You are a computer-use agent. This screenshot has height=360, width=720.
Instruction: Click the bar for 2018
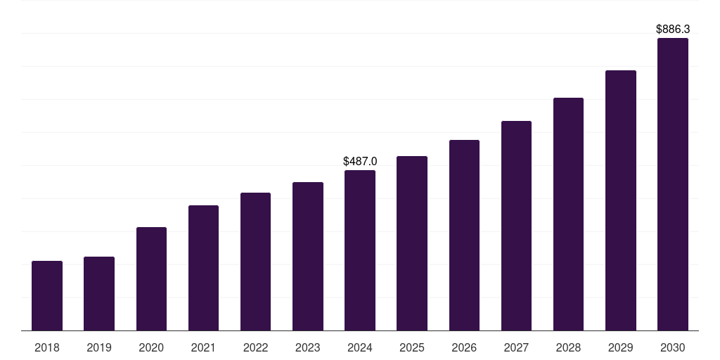click(x=47, y=295)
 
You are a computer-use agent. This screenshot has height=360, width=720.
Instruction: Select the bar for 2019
click(x=99, y=293)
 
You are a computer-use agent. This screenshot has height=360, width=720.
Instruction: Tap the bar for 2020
click(x=151, y=278)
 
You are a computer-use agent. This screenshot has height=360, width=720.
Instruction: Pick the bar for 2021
click(x=203, y=268)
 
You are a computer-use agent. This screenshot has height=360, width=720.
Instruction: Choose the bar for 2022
click(x=255, y=262)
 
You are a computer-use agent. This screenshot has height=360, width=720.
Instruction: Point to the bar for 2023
click(x=308, y=256)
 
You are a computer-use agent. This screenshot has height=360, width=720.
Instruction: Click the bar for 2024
click(x=360, y=250)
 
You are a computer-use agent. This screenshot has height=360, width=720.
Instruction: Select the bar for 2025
click(x=412, y=243)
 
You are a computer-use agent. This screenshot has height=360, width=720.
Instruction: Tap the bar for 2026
click(x=464, y=235)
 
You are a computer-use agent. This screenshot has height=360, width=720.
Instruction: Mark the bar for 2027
click(x=516, y=226)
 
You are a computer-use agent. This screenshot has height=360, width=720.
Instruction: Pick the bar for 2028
click(x=568, y=214)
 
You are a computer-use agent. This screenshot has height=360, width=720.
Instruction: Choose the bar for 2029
click(x=621, y=200)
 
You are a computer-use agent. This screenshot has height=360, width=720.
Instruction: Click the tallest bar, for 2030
click(x=673, y=184)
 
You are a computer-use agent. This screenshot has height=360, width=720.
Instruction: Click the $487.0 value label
click(x=360, y=161)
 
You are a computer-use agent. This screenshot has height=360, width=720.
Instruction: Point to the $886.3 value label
click(x=673, y=29)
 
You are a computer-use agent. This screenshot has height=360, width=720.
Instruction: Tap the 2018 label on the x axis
click(x=47, y=347)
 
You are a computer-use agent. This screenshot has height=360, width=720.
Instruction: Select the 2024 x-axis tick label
click(x=360, y=347)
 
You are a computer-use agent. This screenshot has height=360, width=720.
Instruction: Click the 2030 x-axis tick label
click(x=673, y=347)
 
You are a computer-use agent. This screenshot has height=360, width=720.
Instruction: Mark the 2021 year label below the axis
click(x=203, y=347)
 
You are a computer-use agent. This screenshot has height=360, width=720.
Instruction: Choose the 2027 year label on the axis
click(x=516, y=347)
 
